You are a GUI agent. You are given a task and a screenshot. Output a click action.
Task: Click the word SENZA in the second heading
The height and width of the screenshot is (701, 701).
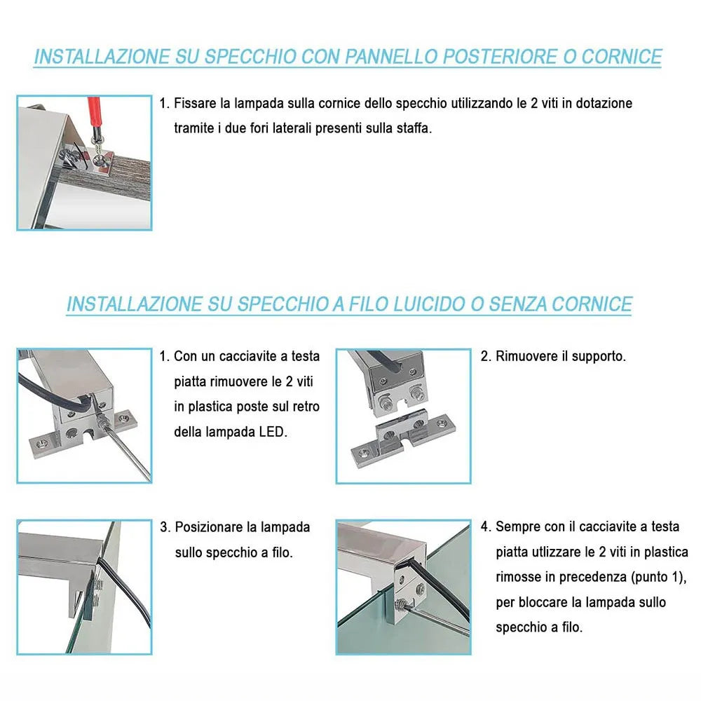point(518,304)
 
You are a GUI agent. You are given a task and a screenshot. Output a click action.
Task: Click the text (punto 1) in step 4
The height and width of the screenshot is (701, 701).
point(658,577)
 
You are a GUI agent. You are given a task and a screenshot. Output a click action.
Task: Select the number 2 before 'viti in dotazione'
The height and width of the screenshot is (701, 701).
point(533,103)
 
